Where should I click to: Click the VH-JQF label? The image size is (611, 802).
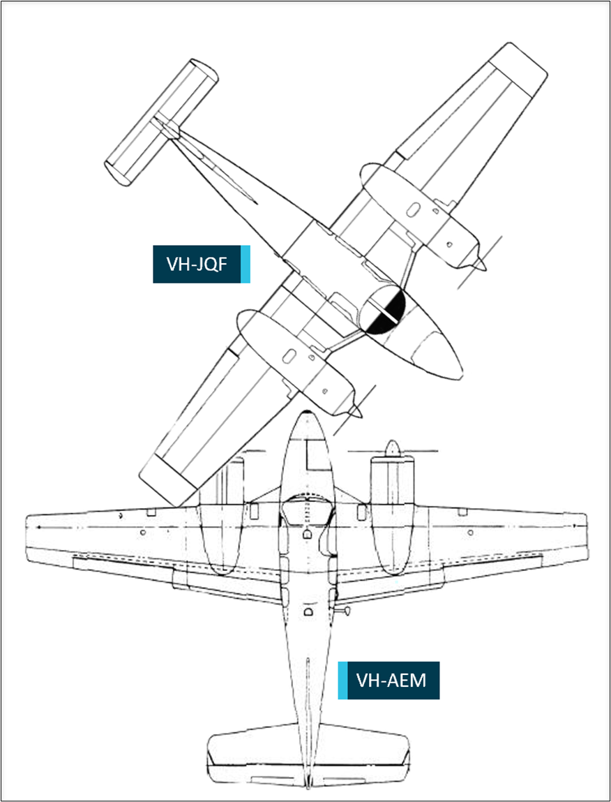(202, 264)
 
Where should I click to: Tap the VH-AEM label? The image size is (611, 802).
(389, 681)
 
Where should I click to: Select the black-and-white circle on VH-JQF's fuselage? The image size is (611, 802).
(382, 310)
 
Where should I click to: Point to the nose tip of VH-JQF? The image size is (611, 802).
(462, 376)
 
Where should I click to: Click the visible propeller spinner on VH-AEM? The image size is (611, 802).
(392, 448)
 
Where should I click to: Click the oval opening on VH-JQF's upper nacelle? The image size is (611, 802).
(414, 209)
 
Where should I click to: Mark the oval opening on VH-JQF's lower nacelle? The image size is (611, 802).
(289, 355)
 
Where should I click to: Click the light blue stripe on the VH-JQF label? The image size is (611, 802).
(245, 264)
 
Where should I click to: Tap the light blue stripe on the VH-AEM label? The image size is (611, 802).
(342, 681)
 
